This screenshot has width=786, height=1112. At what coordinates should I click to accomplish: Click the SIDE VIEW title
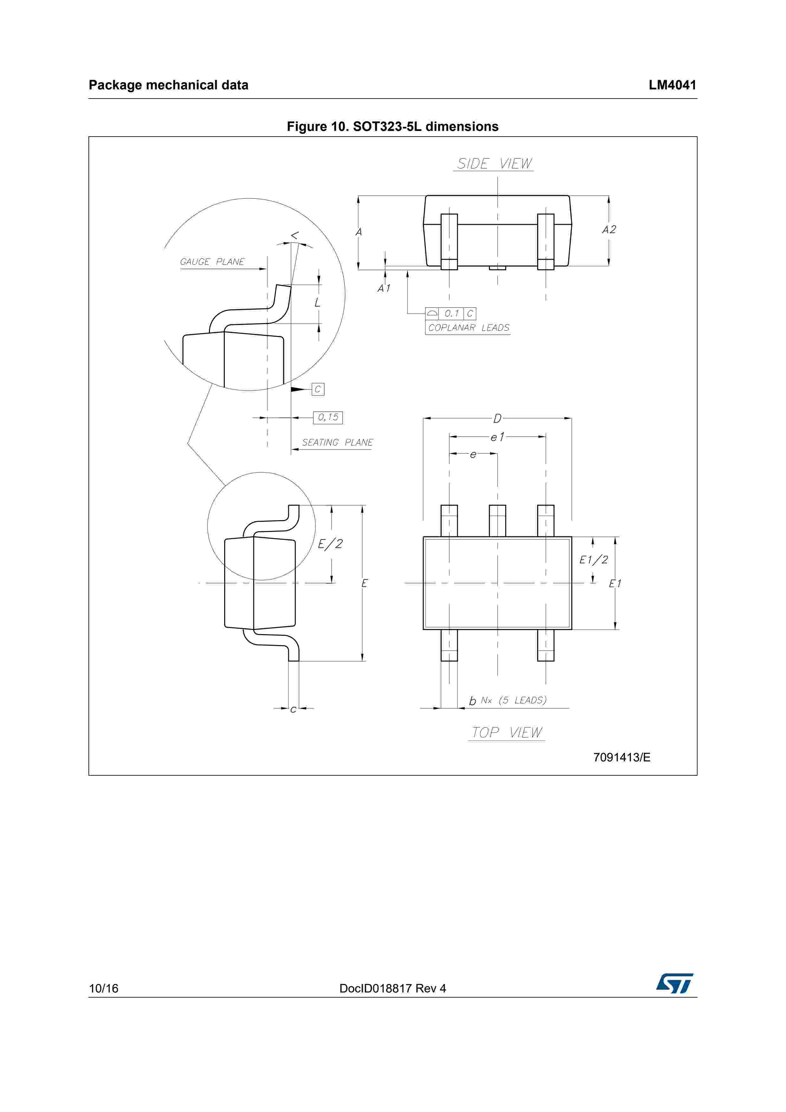pos(494,164)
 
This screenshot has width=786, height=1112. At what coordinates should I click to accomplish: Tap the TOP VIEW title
pos(507,732)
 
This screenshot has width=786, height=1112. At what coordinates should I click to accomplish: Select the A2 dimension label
pos(609,230)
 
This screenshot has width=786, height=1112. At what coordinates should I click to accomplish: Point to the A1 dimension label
pos(384,288)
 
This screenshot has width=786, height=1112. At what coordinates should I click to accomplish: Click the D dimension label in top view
pos(497,418)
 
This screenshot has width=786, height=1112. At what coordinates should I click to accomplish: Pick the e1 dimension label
pos(497,437)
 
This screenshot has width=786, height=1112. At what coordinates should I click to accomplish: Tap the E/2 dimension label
pos(330,544)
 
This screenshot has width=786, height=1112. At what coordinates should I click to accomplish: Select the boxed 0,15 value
pos(328,417)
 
